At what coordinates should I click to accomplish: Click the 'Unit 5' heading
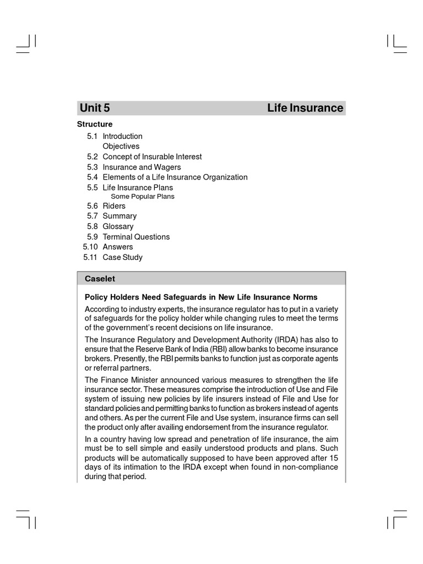95,108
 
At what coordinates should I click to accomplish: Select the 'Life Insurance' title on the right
305,108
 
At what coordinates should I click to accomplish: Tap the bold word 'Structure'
95,124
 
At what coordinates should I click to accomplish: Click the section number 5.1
93,136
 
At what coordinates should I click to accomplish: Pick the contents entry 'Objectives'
121,147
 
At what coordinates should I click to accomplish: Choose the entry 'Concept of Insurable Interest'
152,157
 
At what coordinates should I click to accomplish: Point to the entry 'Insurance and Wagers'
142,167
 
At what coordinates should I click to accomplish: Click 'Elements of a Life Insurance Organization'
175,177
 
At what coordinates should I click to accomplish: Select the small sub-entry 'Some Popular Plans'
143,197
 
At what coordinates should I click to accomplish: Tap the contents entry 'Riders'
114,206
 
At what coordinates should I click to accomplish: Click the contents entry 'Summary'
120,216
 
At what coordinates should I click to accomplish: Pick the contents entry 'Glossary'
118,226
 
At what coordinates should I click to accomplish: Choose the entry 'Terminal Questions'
136,237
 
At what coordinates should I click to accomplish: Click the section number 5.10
90,247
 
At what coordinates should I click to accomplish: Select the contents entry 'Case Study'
122,257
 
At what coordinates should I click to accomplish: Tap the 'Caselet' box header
100,279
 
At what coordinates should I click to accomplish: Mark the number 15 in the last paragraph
333,458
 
